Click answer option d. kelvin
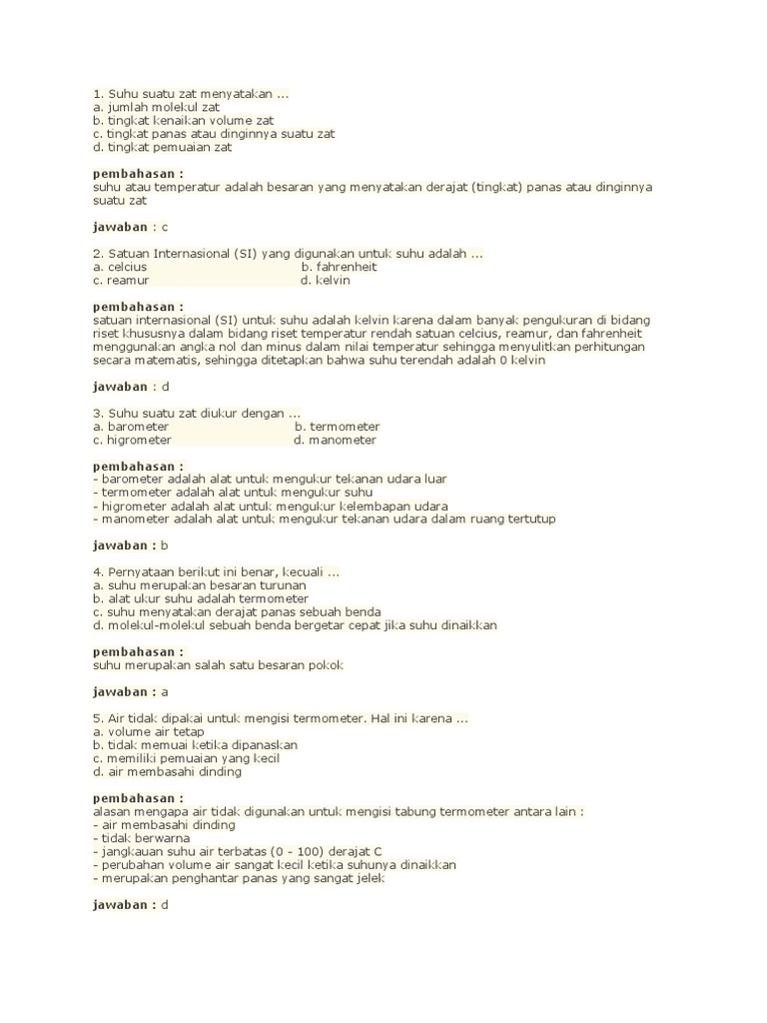coord(325,281)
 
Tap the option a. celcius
coord(120,268)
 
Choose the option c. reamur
coord(121,281)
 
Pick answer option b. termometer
coord(337,427)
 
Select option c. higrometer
coord(132,440)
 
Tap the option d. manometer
coord(335,440)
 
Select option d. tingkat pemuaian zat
coord(163,147)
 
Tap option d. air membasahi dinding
coord(167,771)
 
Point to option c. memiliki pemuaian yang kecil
coord(187,758)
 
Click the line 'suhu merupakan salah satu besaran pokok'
coord(219,665)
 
